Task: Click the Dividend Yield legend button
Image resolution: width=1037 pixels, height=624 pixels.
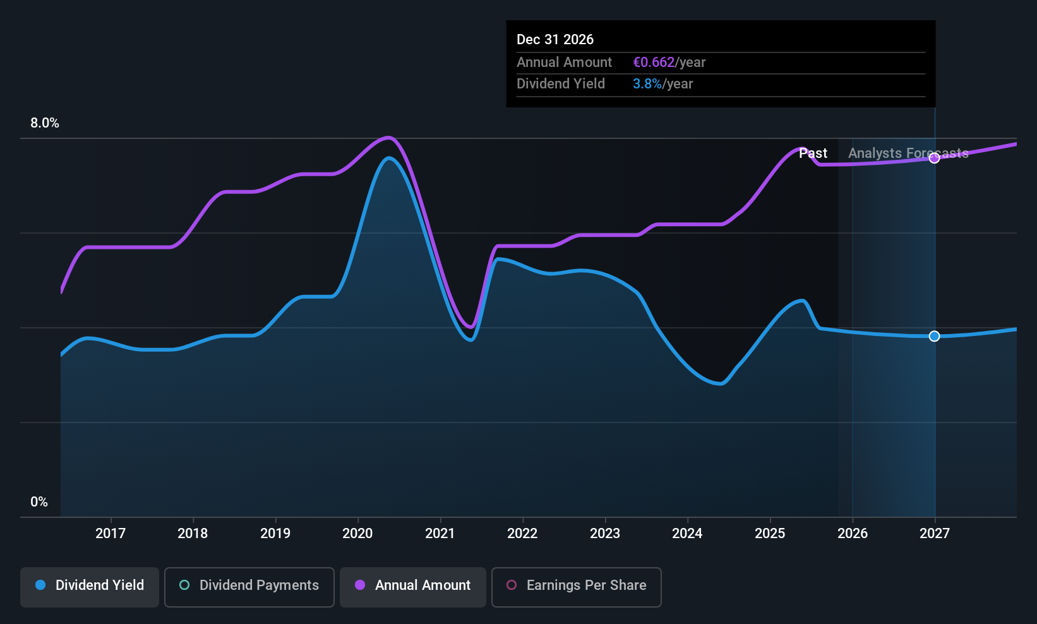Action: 90,586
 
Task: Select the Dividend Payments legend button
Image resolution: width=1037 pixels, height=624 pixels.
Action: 249,586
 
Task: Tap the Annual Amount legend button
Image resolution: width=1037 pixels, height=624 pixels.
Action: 413,586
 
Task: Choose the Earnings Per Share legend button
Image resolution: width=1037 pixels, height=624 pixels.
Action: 576,586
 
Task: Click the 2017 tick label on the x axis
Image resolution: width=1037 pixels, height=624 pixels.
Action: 111,534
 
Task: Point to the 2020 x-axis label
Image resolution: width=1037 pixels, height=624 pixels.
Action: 357,534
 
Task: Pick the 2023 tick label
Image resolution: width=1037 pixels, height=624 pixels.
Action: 605,534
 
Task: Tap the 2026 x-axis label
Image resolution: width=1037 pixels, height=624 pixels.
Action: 853,534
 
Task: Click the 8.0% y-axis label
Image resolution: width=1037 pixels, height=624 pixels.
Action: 45,123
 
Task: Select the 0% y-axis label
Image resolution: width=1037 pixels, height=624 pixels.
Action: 39,502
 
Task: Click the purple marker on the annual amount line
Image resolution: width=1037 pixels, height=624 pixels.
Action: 935,158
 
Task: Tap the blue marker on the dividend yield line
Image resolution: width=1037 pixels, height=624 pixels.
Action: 935,336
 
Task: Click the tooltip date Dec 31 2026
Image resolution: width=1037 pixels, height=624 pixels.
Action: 555,40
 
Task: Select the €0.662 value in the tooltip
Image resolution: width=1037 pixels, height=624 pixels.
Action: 654,63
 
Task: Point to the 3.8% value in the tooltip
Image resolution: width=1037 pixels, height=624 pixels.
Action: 647,84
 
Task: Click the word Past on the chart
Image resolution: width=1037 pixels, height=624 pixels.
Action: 813,153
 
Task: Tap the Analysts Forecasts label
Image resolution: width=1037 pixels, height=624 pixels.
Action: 908,153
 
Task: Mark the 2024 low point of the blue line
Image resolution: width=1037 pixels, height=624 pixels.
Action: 720,383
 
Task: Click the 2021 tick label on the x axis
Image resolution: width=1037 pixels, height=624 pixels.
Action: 440,534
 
